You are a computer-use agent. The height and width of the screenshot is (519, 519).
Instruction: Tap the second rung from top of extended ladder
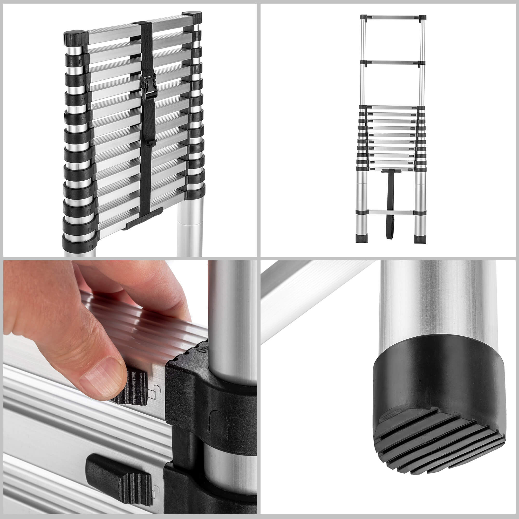392,62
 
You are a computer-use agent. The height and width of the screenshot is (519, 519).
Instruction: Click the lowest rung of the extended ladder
391,212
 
